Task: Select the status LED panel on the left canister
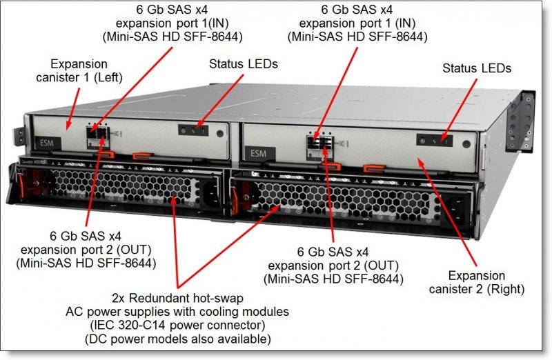pos(195,130)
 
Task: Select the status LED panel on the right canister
pos(435,140)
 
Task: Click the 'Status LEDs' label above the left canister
pos(243,63)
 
